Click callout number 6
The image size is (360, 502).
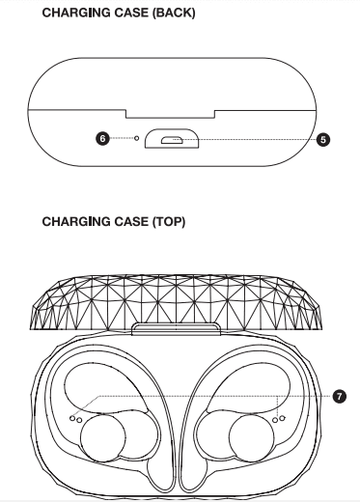pyautogui.click(x=103, y=139)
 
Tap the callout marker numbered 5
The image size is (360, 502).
pyautogui.click(x=322, y=139)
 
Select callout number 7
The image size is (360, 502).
pyautogui.click(x=339, y=396)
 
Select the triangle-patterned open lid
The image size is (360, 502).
pyautogui.click(x=179, y=294)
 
